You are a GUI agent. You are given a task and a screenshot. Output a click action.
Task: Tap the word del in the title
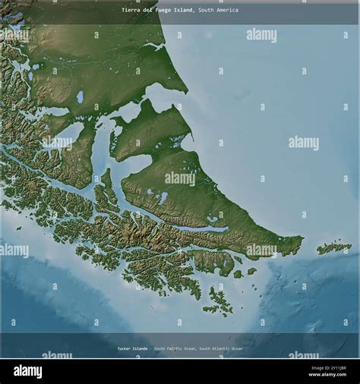[x=150, y=10]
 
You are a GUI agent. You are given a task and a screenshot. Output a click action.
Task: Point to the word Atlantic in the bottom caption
[x=217, y=348]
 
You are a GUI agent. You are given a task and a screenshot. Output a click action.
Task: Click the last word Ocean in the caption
[x=237, y=348]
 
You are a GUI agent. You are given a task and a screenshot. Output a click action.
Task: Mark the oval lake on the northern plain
[x=80, y=96]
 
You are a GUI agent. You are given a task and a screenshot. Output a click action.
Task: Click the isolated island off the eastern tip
[x=334, y=247]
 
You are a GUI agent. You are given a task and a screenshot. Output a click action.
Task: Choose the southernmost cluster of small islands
[x=219, y=302]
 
